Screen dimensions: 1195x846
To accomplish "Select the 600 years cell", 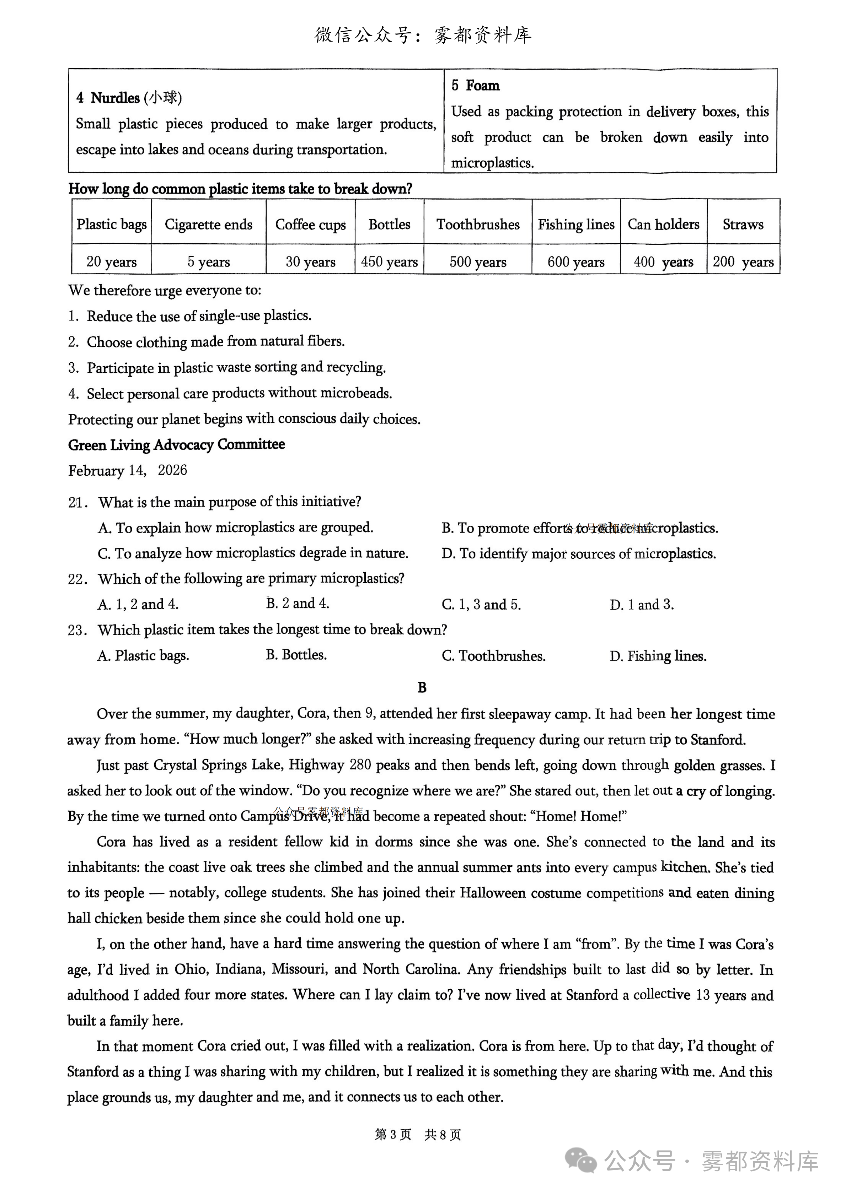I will [575, 262].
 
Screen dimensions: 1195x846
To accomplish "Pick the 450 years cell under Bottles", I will [389, 262].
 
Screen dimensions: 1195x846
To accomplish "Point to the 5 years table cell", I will [208, 262].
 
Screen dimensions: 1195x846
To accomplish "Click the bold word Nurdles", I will [115, 98].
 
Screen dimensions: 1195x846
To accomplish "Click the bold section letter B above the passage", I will [422, 687].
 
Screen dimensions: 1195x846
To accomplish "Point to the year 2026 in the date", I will [172, 471].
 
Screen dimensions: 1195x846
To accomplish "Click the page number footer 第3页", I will [393, 1135].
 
